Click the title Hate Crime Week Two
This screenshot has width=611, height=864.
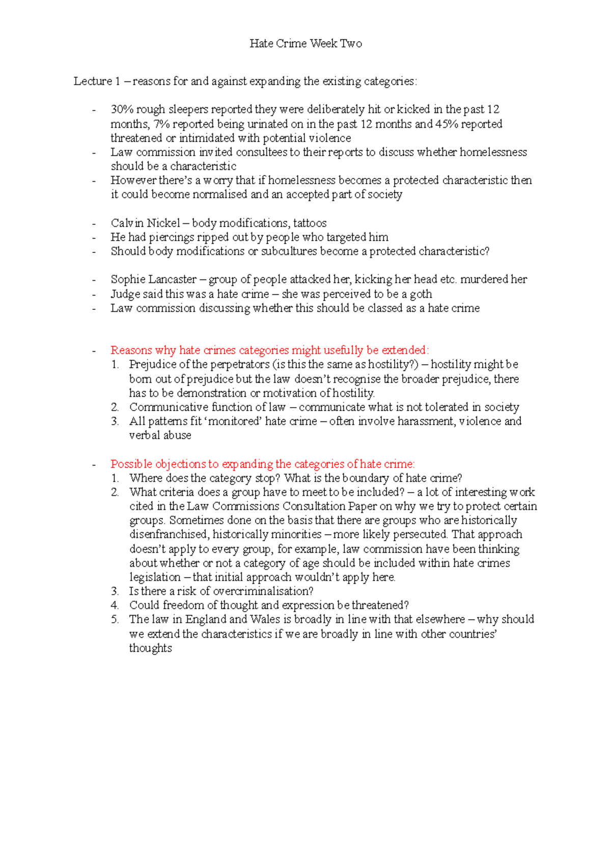305,44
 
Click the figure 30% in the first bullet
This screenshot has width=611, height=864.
122,109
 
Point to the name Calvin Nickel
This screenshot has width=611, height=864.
145,223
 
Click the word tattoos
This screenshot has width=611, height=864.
310,223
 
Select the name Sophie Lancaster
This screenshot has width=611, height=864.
153,279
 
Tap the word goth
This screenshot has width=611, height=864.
421,294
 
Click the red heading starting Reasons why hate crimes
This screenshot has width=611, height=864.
270,350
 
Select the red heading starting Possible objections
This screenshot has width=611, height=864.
263,464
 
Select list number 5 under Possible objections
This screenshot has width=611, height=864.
115,619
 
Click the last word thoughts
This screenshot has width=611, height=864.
150,648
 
